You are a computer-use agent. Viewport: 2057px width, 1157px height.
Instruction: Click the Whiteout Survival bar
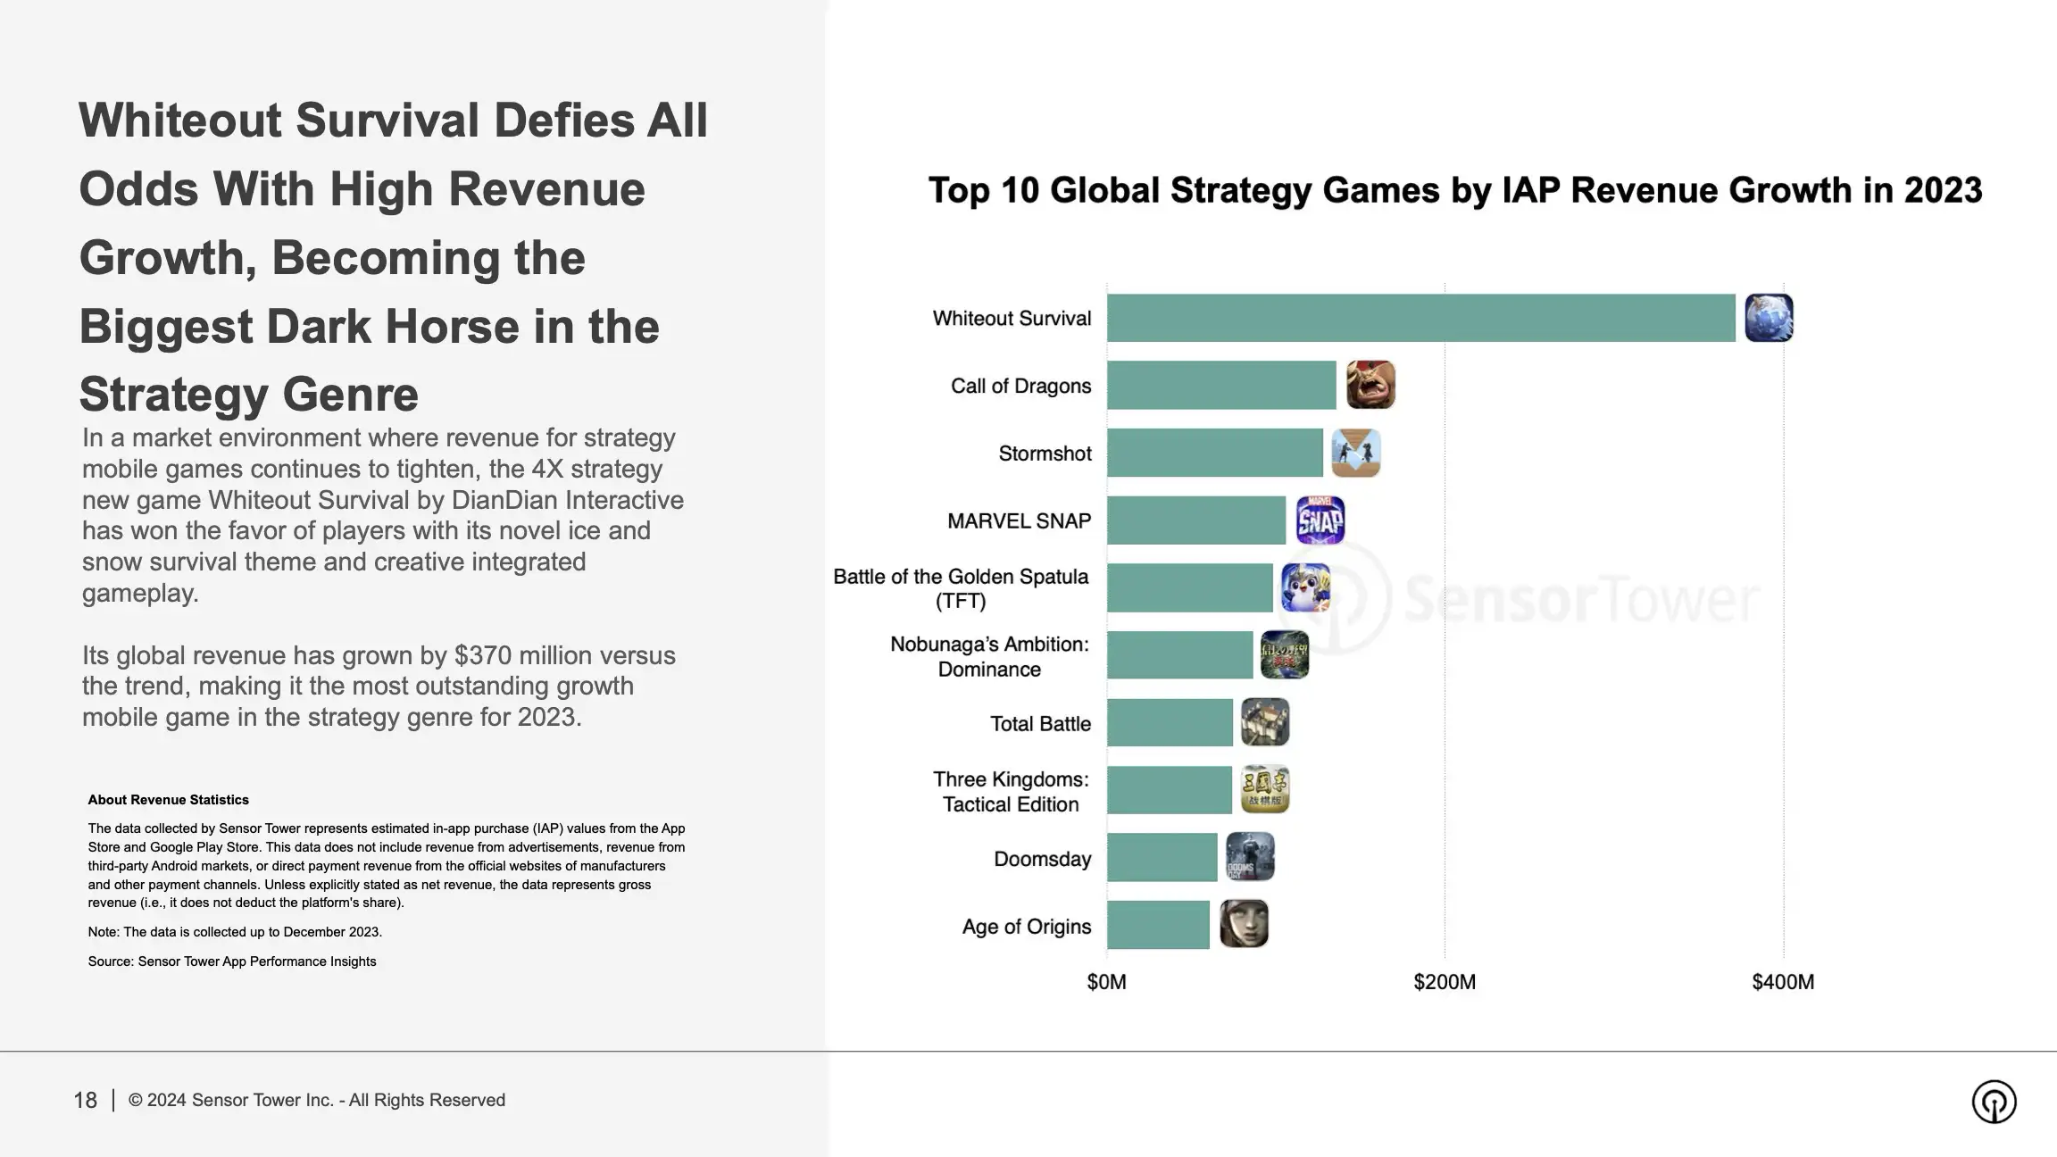pos(1420,318)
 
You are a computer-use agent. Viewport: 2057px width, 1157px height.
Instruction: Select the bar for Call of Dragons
pos(1221,386)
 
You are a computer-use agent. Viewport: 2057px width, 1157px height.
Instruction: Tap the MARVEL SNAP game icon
pos(1320,520)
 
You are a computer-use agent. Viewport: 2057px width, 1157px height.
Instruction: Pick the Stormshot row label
pos(1045,454)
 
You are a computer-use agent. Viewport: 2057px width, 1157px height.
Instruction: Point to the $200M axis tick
pos(1444,982)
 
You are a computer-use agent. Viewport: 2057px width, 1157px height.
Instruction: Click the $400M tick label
pos(1782,982)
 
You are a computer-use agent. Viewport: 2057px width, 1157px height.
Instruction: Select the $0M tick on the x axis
pos(1106,982)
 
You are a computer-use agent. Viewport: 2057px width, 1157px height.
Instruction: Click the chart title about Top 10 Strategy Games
pos(1454,190)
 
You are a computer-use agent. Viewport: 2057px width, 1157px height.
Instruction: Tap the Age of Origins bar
pos(1158,925)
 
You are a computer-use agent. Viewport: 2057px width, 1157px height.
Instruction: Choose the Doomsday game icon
pos(1250,857)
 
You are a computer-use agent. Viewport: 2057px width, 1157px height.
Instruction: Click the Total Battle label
pos(1040,724)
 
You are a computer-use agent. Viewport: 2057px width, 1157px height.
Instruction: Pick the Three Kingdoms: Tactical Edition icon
pos(1265,789)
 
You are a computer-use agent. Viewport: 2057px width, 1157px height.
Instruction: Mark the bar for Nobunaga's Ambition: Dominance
pos(1179,655)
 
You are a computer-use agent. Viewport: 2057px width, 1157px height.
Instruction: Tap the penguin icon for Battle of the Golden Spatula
pos(1305,587)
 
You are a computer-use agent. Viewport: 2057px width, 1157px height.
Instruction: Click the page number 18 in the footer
pos(85,1100)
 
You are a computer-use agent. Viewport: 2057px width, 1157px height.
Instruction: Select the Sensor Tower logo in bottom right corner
pos(1994,1102)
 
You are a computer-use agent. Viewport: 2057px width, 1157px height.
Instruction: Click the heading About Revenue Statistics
pos(168,800)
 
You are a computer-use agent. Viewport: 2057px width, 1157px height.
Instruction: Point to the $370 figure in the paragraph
pos(487,655)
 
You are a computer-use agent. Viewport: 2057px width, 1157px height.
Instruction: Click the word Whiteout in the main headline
pos(179,121)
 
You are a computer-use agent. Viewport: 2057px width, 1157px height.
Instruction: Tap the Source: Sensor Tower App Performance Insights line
pos(232,961)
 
